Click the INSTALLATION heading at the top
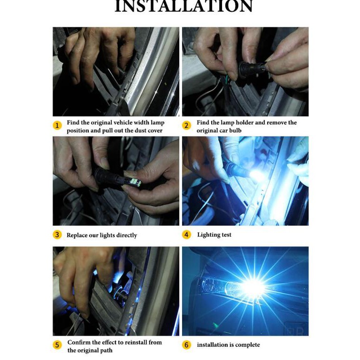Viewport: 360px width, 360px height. click(x=184, y=6)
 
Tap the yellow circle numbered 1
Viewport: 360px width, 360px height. click(x=57, y=125)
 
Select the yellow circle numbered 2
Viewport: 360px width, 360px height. click(x=186, y=125)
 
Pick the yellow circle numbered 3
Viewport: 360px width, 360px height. click(x=57, y=235)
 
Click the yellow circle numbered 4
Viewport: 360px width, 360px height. click(x=186, y=235)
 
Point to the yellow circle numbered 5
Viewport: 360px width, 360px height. click(x=57, y=345)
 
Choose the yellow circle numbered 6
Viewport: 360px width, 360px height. click(x=186, y=345)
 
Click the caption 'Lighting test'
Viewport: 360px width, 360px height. click(x=214, y=235)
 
